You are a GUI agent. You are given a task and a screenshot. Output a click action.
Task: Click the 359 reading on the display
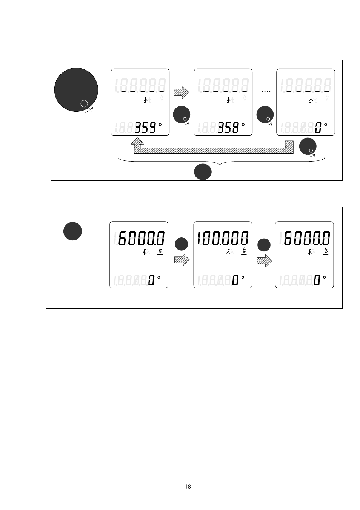pyautogui.click(x=146, y=128)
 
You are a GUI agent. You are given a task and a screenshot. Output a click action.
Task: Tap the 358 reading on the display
pyautogui.click(x=229, y=128)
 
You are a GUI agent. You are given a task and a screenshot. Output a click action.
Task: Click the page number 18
pyautogui.click(x=188, y=487)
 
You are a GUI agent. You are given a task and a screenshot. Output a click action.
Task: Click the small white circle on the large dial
pyautogui.click(x=84, y=103)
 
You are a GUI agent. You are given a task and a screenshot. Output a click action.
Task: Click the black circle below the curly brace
pyautogui.click(x=203, y=172)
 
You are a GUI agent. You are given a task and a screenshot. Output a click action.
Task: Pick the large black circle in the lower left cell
pyautogui.click(x=72, y=231)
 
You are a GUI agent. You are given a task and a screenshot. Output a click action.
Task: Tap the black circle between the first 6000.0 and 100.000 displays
pyautogui.click(x=181, y=244)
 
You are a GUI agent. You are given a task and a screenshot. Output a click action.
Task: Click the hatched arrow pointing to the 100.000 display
pyautogui.click(x=182, y=260)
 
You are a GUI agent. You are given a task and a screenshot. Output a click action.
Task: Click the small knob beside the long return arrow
pyautogui.click(x=308, y=147)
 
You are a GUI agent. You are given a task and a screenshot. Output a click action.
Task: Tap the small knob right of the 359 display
pyautogui.click(x=182, y=115)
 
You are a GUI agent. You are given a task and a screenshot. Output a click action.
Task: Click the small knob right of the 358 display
pyautogui.click(x=265, y=115)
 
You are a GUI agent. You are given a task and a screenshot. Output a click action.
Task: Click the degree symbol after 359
pyautogui.click(x=160, y=124)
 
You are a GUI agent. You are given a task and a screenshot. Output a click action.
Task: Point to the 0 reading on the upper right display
pyautogui.click(x=318, y=128)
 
